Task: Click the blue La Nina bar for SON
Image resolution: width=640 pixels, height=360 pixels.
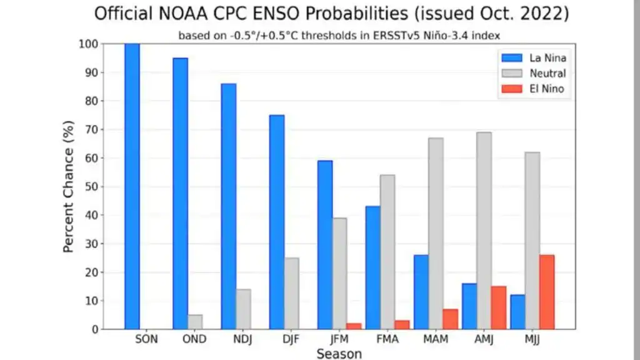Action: pyautogui.click(x=132, y=186)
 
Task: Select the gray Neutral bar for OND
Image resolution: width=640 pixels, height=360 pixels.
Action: pyautogui.click(x=195, y=322)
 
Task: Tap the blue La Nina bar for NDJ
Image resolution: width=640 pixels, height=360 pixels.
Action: pyautogui.click(x=229, y=206)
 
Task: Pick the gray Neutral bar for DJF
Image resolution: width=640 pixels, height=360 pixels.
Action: pyautogui.click(x=291, y=294)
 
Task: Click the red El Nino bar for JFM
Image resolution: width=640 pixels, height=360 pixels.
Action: pyautogui.click(x=354, y=326)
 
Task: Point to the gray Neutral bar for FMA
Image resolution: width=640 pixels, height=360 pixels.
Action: pyautogui.click(x=387, y=252)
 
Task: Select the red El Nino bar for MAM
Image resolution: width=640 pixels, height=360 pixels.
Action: pyautogui.click(x=451, y=319)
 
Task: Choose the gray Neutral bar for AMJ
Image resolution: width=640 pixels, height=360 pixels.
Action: pyautogui.click(x=484, y=231)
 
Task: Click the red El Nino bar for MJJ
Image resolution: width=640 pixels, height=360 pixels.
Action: pyautogui.click(x=547, y=292)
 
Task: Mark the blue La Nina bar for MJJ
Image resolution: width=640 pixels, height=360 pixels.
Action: pyautogui.click(x=517, y=312)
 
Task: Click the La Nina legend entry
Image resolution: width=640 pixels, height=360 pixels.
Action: pyautogui.click(x=534, y=58)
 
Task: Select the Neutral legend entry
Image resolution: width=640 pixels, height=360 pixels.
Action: pyautogui.click(x=534, y=74)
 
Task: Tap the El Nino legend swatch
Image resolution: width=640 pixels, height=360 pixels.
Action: pyautogui.click(x=512, y=89)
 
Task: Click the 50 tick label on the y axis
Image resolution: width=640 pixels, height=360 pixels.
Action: pyautogui.click(x=92, y=186)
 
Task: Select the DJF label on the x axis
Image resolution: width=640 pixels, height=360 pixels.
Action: pyautogui.click(x=291, y=339)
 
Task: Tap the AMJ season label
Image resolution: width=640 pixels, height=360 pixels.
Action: pyautogui.click(x=484, y=339)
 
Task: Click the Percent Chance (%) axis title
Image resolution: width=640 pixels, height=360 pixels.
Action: pyautogui.click(x=69, y=186)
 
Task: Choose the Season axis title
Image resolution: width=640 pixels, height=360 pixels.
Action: pyautogui.click(x=339, y=354)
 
